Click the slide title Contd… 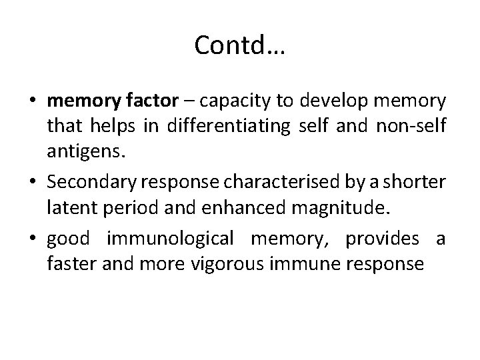[239, 45]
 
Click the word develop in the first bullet [331, 102]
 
